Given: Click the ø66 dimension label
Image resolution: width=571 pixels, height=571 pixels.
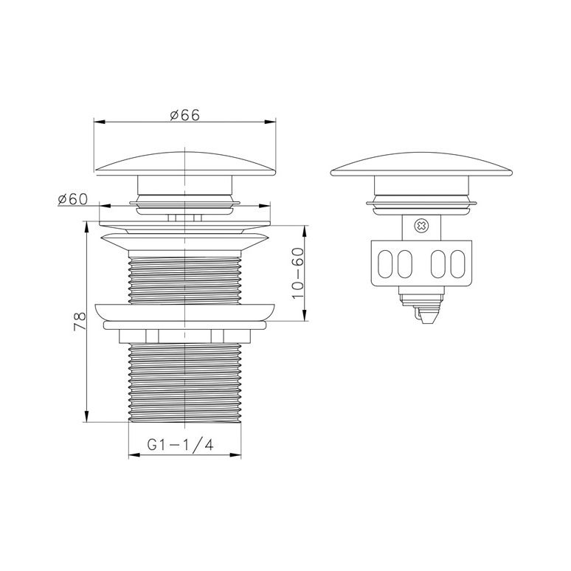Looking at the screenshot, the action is (x=185, y=115).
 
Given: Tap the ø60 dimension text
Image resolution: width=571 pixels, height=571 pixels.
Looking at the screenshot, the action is (x=73, y=199).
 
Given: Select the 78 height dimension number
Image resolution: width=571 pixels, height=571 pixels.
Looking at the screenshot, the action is (x=80, y=321).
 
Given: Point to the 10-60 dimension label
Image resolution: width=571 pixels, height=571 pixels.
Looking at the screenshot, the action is (x=298, y=273).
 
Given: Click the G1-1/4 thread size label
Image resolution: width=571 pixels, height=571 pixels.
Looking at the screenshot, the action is (x=180, y=445).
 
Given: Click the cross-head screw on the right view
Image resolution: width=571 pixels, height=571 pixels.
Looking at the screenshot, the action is (x=421, y=226).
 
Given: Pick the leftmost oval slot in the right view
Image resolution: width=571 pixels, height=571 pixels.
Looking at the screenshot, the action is (x=385, y=263).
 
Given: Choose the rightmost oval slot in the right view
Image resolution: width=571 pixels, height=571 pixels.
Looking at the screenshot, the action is (x=457, y=263).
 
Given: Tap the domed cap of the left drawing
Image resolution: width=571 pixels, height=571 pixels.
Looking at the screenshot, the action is (x=185, y=164).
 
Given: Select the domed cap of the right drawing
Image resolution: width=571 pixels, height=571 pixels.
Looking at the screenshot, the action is (x=421, y=165).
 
